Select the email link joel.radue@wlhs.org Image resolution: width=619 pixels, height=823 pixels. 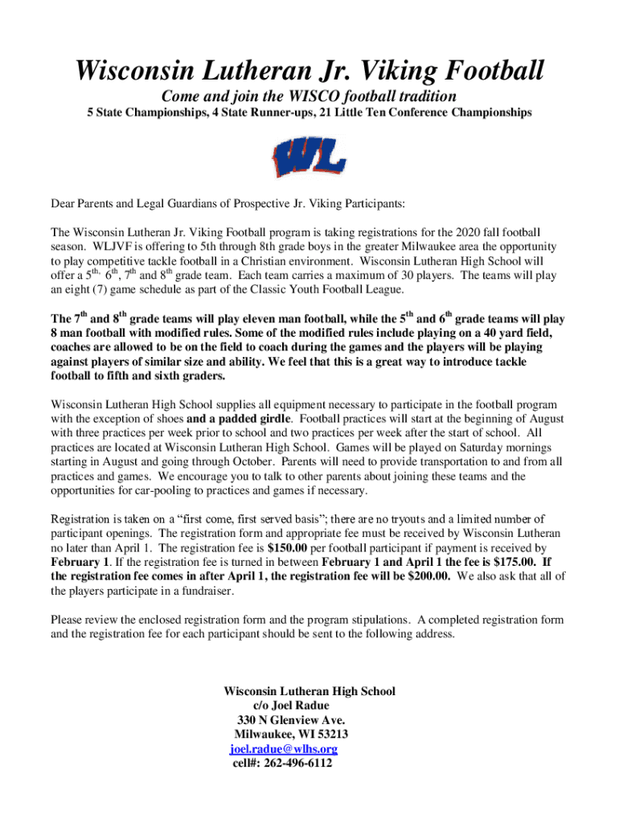(284, 749)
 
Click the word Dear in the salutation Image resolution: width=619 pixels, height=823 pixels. (64, 203)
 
